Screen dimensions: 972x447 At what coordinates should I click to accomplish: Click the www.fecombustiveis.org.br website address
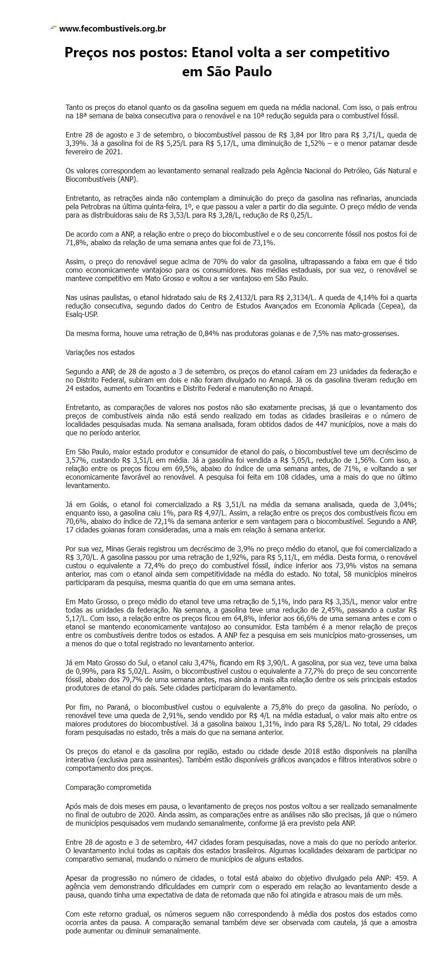[x=112, y=29]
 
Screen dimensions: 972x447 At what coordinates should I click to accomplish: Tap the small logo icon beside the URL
[x=53, y=28]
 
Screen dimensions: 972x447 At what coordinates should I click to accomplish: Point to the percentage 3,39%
[x=76, y=143]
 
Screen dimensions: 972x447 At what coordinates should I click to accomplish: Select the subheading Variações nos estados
[x=100, y=352]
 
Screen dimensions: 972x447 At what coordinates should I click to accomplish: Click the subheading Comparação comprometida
[x=108, y=787]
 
